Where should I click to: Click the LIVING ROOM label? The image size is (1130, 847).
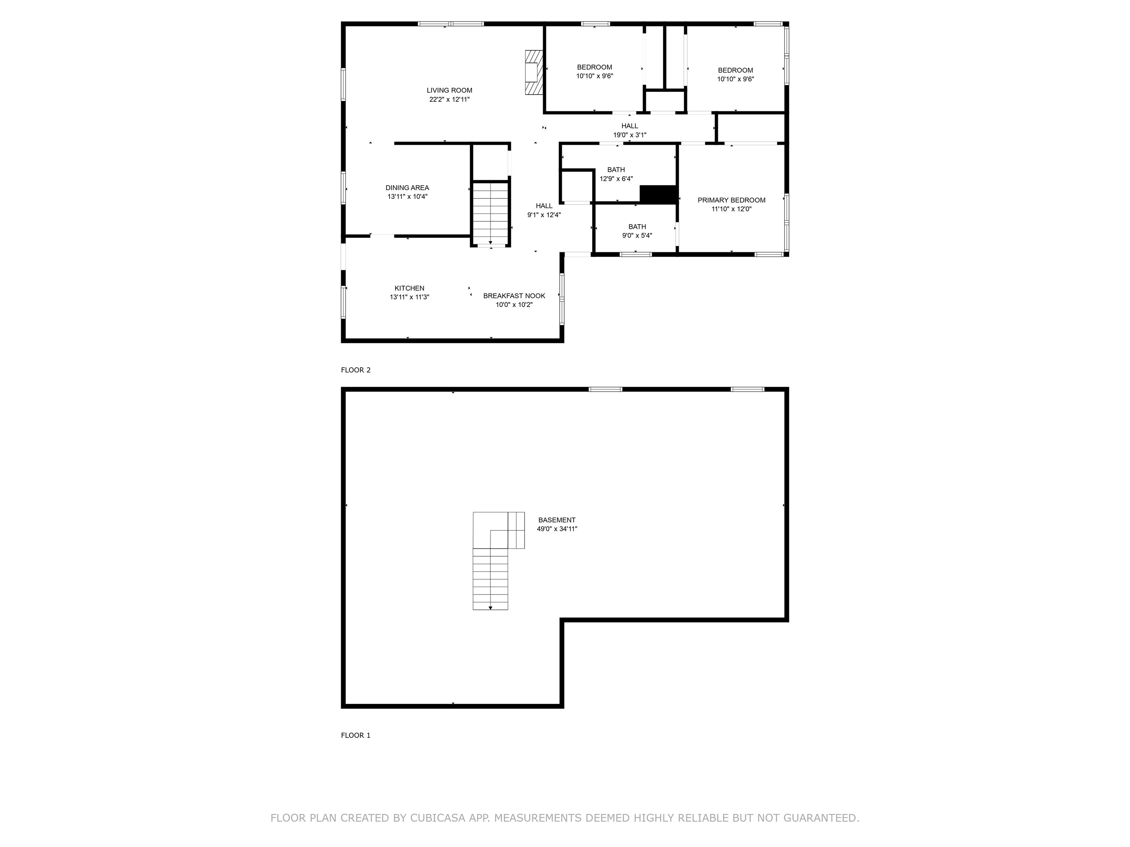click(x=449, y=90)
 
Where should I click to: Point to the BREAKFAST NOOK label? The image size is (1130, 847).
click(x=514, y=296)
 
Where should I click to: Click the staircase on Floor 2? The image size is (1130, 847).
click(x=490, y=214)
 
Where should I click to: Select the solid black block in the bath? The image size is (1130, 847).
click(x=658, y=194)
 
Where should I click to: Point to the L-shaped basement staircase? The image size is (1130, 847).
click(x=491, y=562)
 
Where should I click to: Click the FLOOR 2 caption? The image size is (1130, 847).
click(x=356, y=370)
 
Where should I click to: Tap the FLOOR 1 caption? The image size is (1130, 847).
click(x=356, y=735)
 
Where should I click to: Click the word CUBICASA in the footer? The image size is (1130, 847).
click(x=437, y=818)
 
